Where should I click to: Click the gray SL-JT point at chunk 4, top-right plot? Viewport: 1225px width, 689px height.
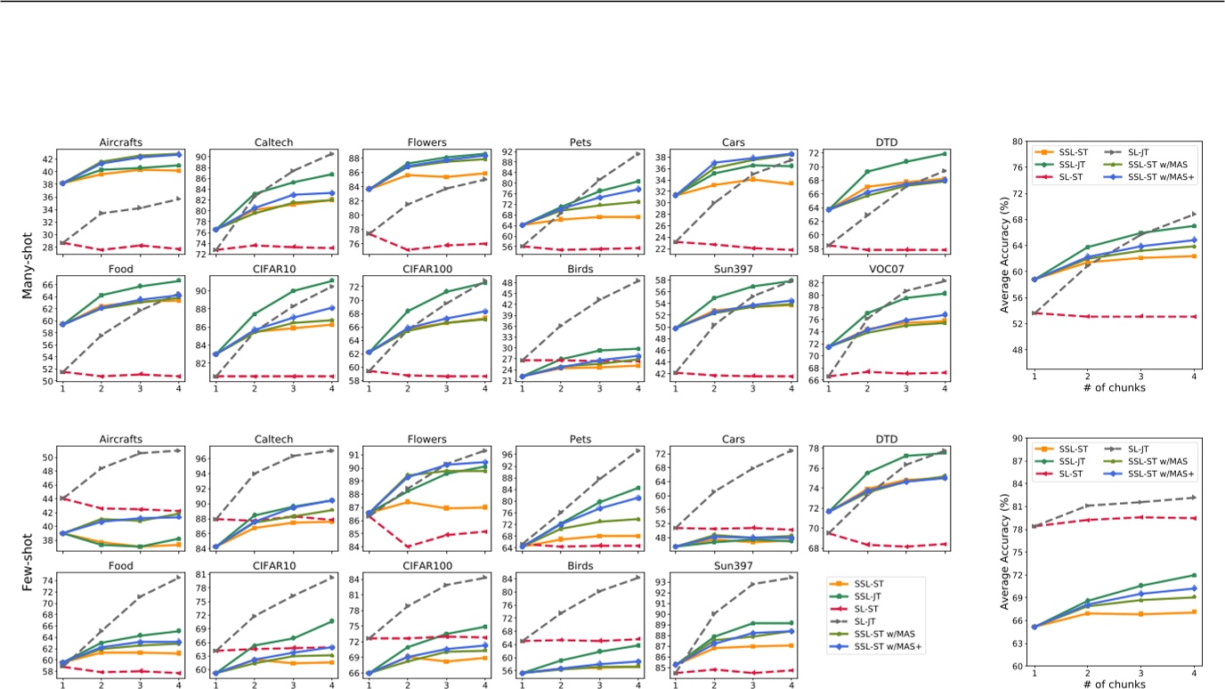(1219, 214)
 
